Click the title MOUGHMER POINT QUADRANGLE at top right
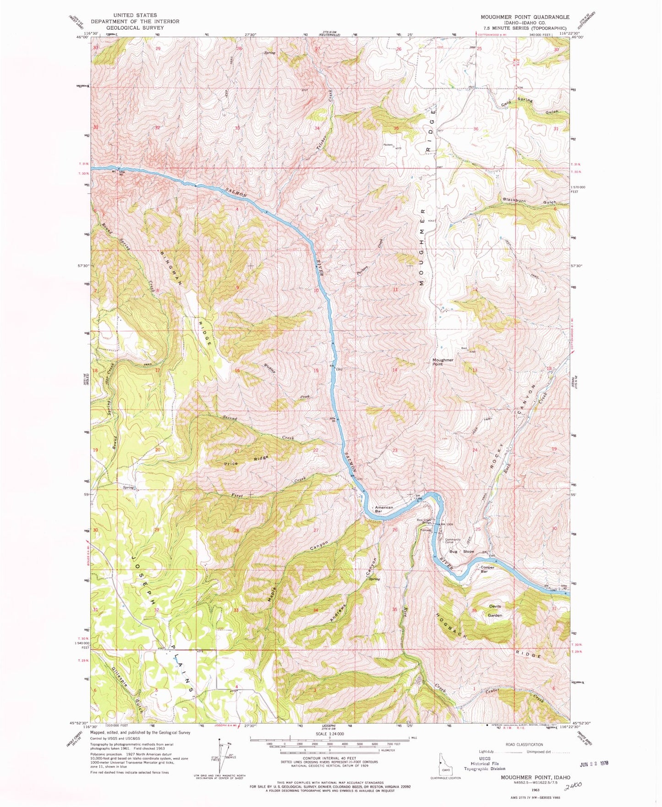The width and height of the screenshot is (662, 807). (525, 16)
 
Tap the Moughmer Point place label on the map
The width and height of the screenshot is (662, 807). (443, 362)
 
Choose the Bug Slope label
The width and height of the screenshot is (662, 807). (461, 552)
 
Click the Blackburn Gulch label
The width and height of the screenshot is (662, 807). (529, 201)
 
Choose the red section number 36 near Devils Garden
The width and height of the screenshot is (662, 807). (474, 611)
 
